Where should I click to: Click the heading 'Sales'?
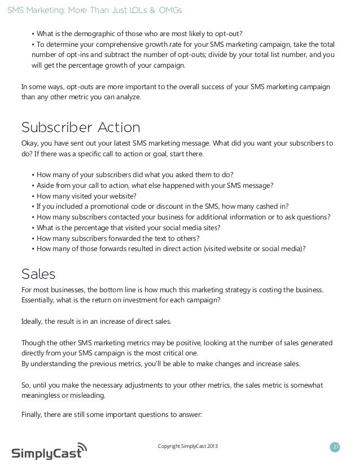(38, 274)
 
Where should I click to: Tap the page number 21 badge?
(336, 447)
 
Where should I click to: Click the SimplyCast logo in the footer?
(50, 451)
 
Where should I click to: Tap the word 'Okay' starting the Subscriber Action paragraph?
(30, 143)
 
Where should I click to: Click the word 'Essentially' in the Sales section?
(39, 300)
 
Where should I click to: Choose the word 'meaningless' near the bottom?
(42, 395)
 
